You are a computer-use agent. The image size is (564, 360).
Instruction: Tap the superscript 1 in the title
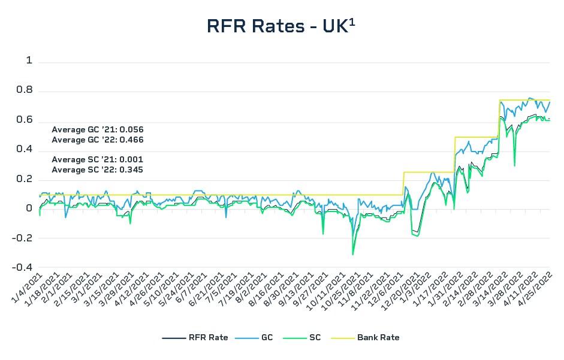[352, 21]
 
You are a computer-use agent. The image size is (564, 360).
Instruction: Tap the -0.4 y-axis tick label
[23, 267]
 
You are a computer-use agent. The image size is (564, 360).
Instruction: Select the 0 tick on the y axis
[29, 208]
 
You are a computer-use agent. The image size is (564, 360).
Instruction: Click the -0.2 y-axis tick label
[23, 238]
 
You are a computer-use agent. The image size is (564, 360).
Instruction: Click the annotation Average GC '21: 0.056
[98, 129]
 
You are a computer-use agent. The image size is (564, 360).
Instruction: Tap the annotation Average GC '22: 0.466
[98, 140]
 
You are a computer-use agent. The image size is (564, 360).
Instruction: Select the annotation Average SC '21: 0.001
[98, 159]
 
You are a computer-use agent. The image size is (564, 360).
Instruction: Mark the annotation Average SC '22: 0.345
[98, 170]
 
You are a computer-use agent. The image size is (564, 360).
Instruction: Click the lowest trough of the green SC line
[352, 255]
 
